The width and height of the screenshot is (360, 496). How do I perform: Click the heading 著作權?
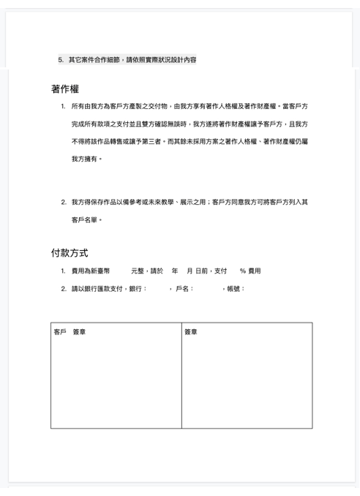click(65, 89)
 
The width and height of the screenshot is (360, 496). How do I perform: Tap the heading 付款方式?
click(70, 252)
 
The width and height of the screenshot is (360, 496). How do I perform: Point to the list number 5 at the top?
click(61, 59)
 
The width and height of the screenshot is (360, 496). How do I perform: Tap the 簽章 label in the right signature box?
click(191, 332)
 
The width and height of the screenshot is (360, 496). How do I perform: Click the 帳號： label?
click(236, 288)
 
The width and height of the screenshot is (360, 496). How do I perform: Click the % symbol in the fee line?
click(242, 271)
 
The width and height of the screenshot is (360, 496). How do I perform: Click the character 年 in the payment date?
click(174, 271)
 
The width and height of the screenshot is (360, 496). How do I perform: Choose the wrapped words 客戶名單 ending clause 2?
click(83, 219)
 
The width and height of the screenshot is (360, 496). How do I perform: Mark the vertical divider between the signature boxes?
click(181, 375)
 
